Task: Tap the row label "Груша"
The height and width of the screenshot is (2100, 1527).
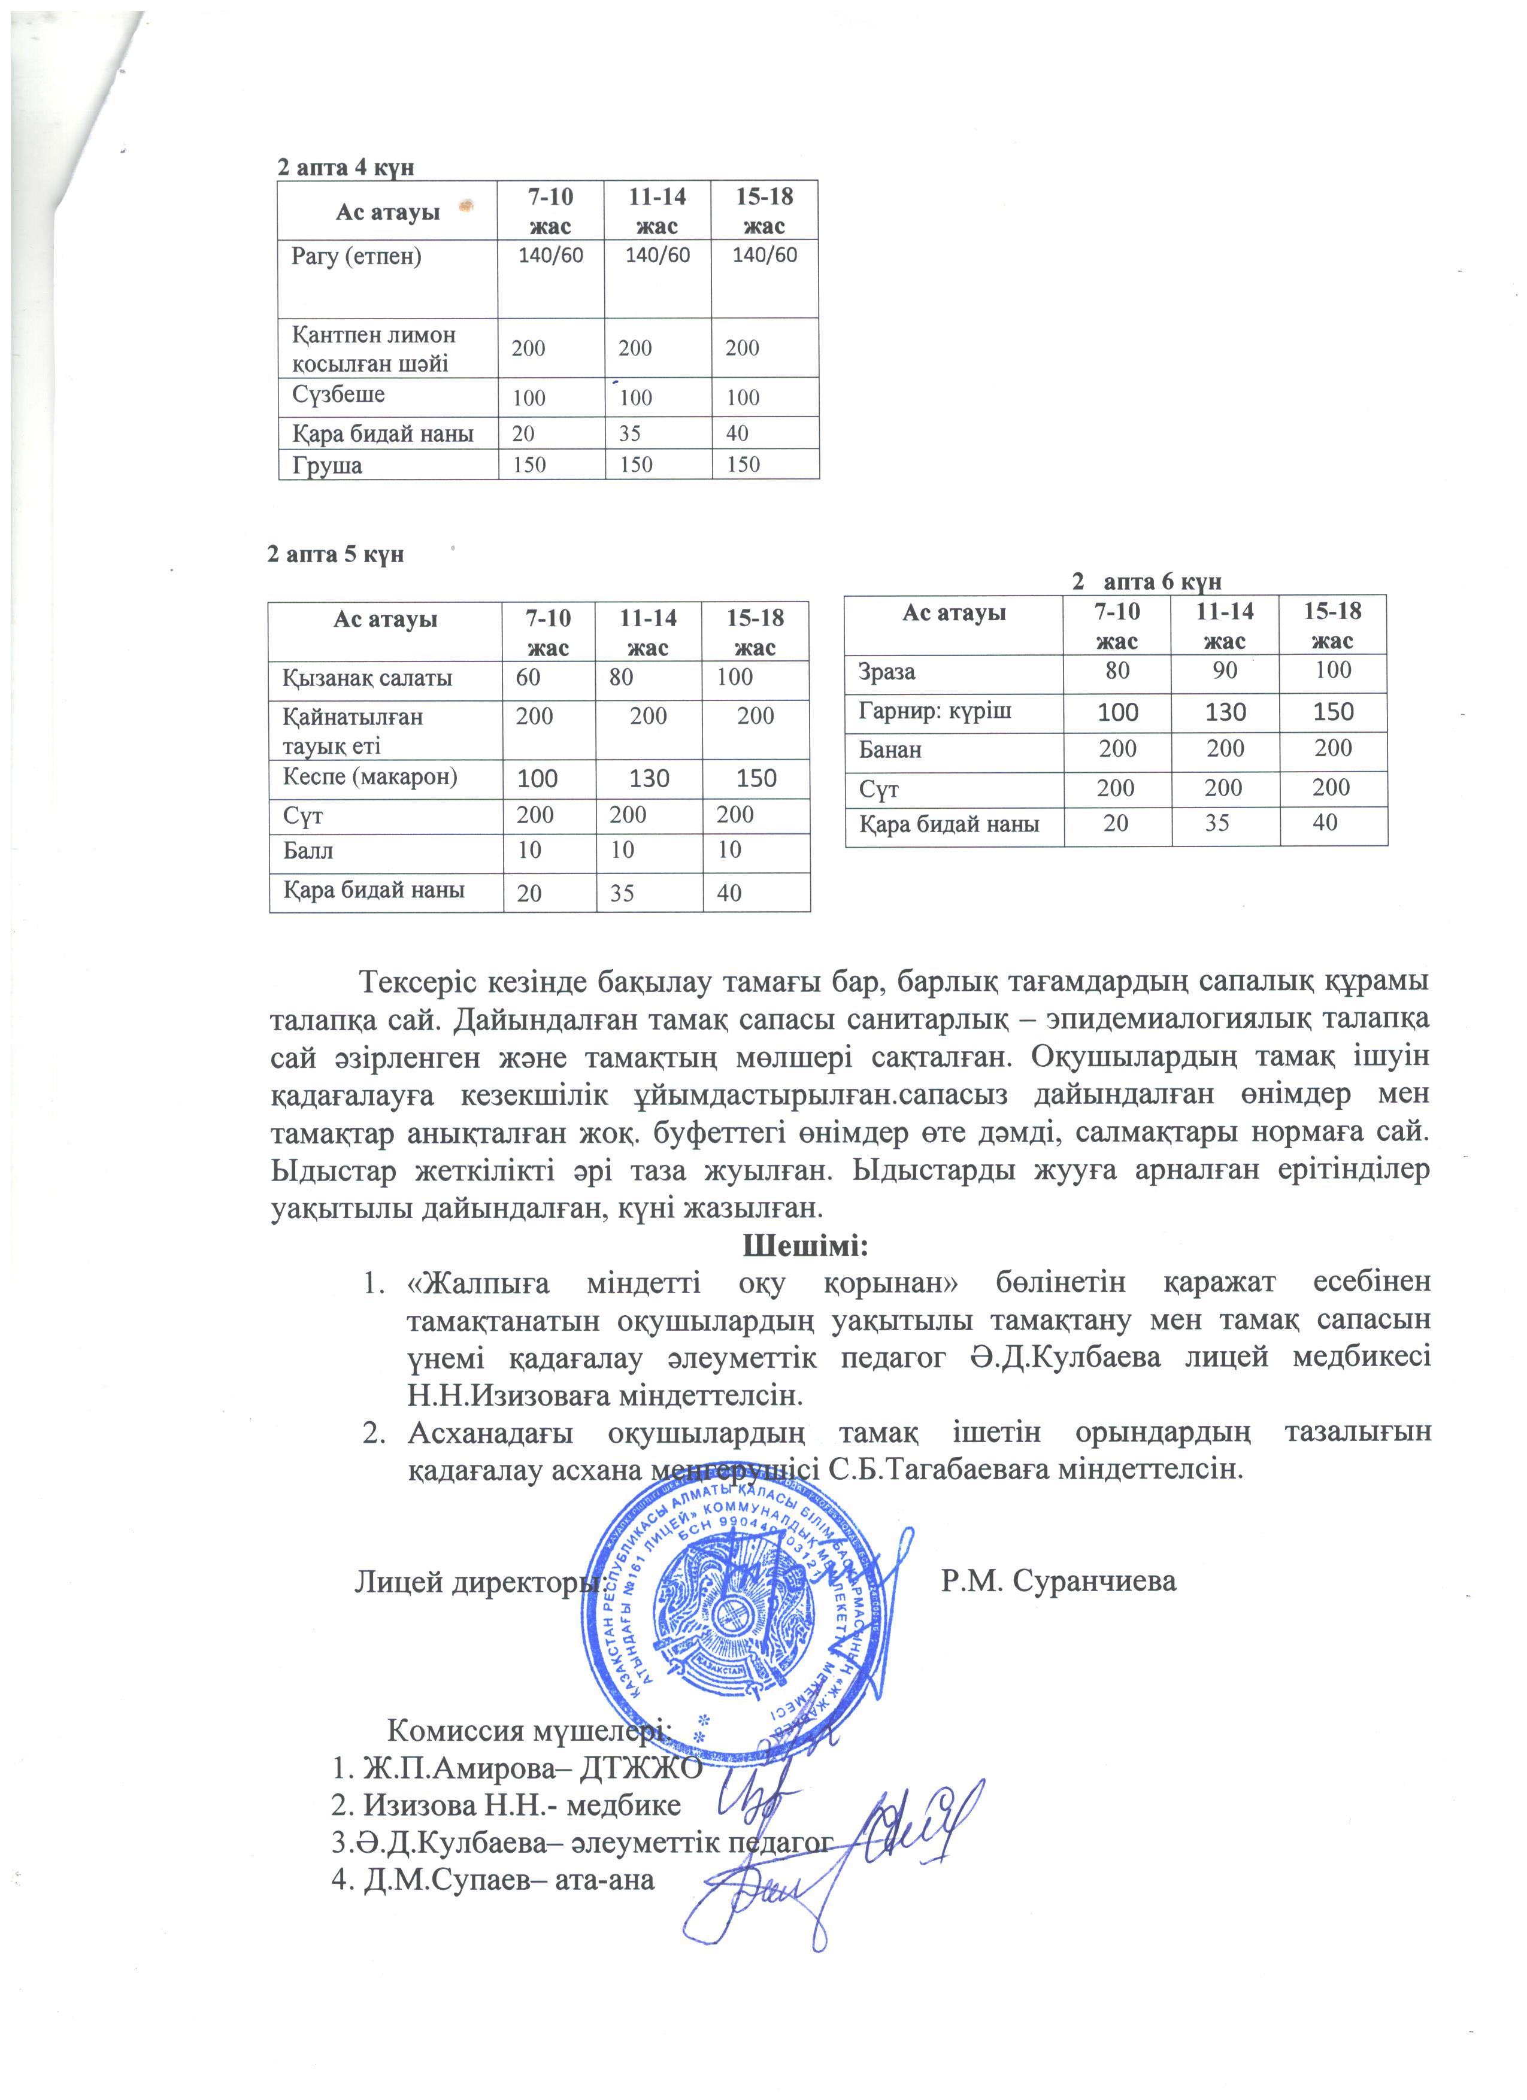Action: coord(327,465)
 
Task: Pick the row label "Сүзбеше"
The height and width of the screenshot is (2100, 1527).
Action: coord(338,394)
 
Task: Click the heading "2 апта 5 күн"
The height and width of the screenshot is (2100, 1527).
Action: coord(335,554)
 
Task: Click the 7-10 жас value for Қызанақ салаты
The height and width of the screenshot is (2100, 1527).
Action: coord(529,677)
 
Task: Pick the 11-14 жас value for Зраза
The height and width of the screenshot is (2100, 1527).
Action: coord(1224,670)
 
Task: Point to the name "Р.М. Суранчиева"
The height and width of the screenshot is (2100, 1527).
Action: coord(1059,1580)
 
